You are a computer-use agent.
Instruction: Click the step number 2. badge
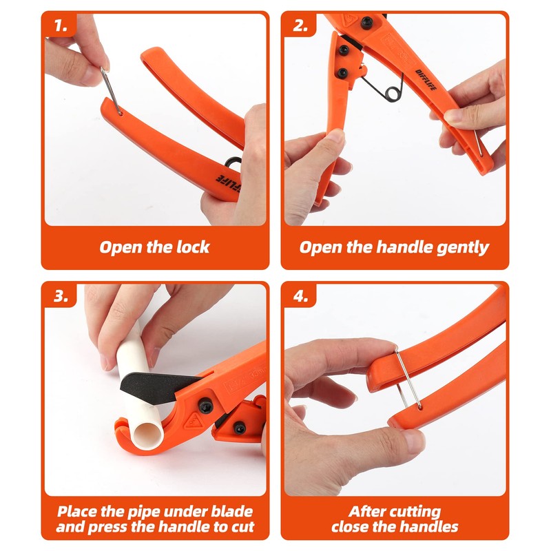click(x=300, y=27)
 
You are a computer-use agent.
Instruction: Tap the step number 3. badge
click(x=60, y=297)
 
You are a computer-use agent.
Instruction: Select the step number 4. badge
click(x=300, y=297)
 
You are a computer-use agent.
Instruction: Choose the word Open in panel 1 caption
click(x=121, y=247)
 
